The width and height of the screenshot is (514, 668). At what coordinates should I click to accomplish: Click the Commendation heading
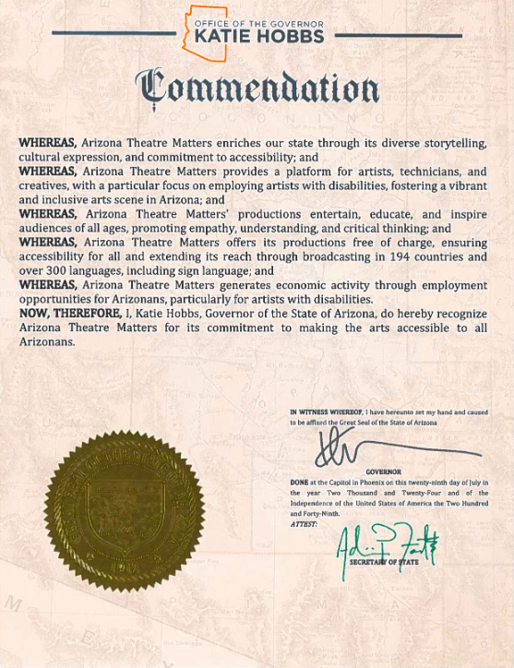click(257, 89)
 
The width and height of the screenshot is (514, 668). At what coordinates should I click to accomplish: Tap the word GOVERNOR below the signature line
click(383, 471)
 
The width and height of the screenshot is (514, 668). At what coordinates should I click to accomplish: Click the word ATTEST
click(303, 523)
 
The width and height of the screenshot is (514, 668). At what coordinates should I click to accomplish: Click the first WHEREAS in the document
click(48, 144)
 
